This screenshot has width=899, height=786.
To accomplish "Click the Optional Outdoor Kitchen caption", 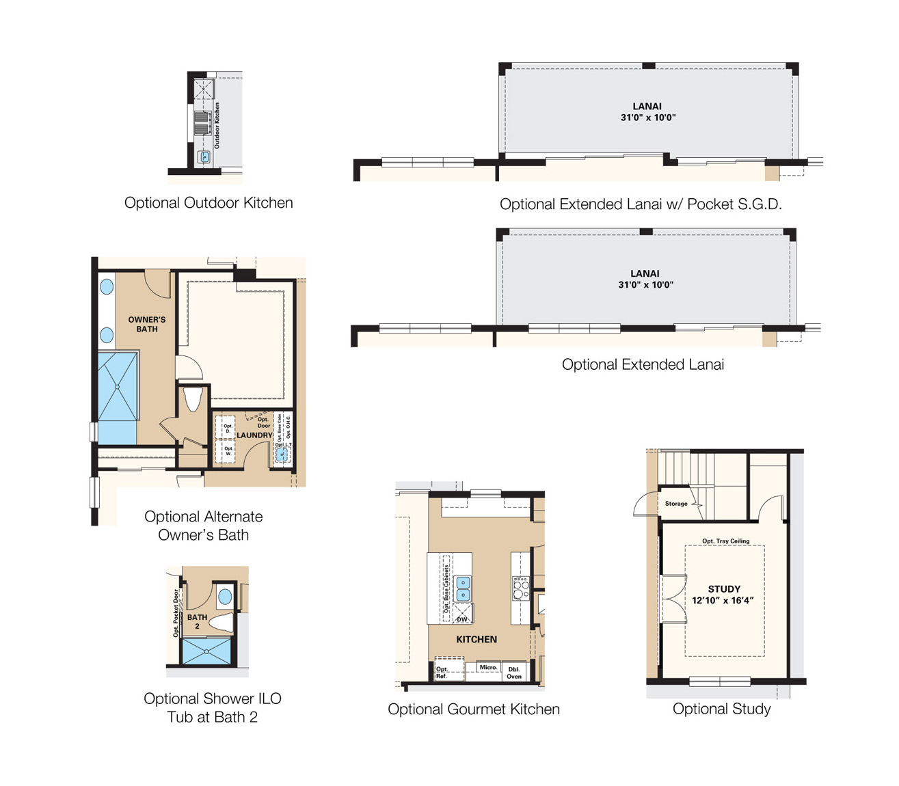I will pos(209,203).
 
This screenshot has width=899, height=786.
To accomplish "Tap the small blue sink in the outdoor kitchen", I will pos(204,157).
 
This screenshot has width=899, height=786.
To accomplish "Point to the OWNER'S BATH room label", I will pos(147,324).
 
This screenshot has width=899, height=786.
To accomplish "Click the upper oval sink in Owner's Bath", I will pos(107,287).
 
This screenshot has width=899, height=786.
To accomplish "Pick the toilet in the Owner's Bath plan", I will pos(193,398).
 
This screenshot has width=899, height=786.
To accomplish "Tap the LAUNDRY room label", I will pos(254,435).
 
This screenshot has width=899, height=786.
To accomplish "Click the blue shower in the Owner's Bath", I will pos(118,387).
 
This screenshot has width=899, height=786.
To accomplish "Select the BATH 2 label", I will pos(197,621).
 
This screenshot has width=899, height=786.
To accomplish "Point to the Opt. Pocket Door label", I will pos(176,613).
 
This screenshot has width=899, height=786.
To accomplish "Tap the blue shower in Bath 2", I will pos(206,651).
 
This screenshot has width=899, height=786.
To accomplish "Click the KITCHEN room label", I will pos(477,640).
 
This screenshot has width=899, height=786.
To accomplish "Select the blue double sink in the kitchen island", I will pos(464,588).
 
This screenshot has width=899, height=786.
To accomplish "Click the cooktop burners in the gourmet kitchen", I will pos(521,588).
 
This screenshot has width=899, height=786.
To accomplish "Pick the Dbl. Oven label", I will pos(514,673).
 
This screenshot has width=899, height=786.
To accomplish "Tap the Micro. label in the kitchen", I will pos(488,667).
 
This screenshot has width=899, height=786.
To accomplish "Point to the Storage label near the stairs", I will pos(676,504).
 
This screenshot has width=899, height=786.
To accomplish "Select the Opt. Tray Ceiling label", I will pos(725,541).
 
